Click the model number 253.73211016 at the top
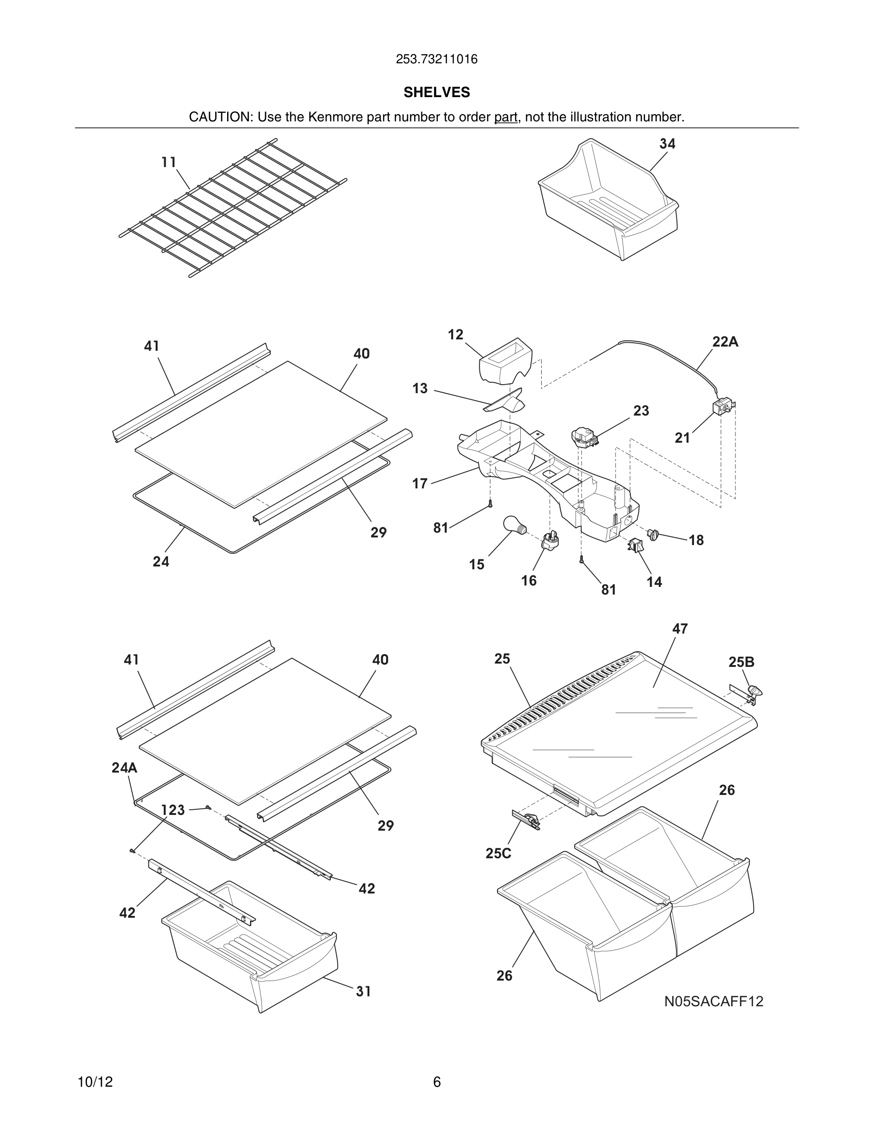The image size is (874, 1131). click(x=437, y=60)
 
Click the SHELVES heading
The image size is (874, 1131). click(x=437, y=92)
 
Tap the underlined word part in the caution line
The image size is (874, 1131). click(x=506, y=117)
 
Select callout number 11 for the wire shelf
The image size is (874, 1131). click(x=169, y=163)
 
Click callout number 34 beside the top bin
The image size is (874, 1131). click(x=667, y=144)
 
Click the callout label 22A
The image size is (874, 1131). click(x=725, y=342)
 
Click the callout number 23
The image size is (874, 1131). click(x=641, y=411)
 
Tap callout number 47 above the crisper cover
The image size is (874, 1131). click(x=680, y=629)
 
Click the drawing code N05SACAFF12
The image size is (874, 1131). click(x=714, y=1002)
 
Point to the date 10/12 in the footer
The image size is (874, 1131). click(x=95, y=1082)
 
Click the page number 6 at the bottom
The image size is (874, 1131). click(x=437, y=1082)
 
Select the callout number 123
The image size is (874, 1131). click(x=172, y=810)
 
